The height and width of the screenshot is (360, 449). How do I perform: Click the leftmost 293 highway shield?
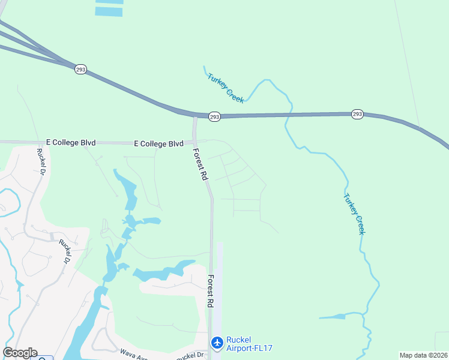pyautogui.click(x=81, y=70)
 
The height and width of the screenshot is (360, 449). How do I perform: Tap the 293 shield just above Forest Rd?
pyautogui.click(x=214, y=116)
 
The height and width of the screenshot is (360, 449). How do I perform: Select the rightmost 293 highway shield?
pyautogui.click(x=357, y=113)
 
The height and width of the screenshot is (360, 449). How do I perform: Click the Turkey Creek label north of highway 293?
pyautogui.click(x=225, y=88)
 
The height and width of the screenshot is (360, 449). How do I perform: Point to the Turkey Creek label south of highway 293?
pyautogui.click(x=354, y=213)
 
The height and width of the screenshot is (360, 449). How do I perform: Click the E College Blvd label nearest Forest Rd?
pyautogui.click(x=158, y=143)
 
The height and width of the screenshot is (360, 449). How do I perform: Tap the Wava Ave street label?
pyautogui.click(x=133, y=353)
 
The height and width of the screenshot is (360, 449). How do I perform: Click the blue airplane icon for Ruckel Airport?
pyautogui.click(x=217, y=343)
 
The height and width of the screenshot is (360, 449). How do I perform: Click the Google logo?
pyautogui.click(x=20, y=353)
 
